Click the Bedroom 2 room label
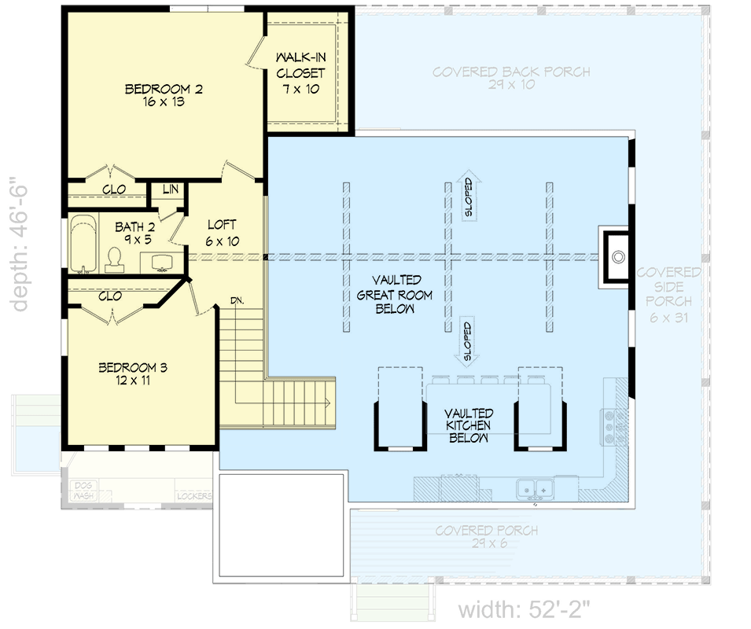coord(164,95)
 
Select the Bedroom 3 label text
coord(132,373)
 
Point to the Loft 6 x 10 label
coord(222,233)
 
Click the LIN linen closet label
coord(170,189)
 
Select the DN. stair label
coord(237,300)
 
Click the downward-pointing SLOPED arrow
coord(468,342)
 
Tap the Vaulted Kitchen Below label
coord(469,425)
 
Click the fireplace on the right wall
coord(616,256)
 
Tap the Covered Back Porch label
coord(511,78)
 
